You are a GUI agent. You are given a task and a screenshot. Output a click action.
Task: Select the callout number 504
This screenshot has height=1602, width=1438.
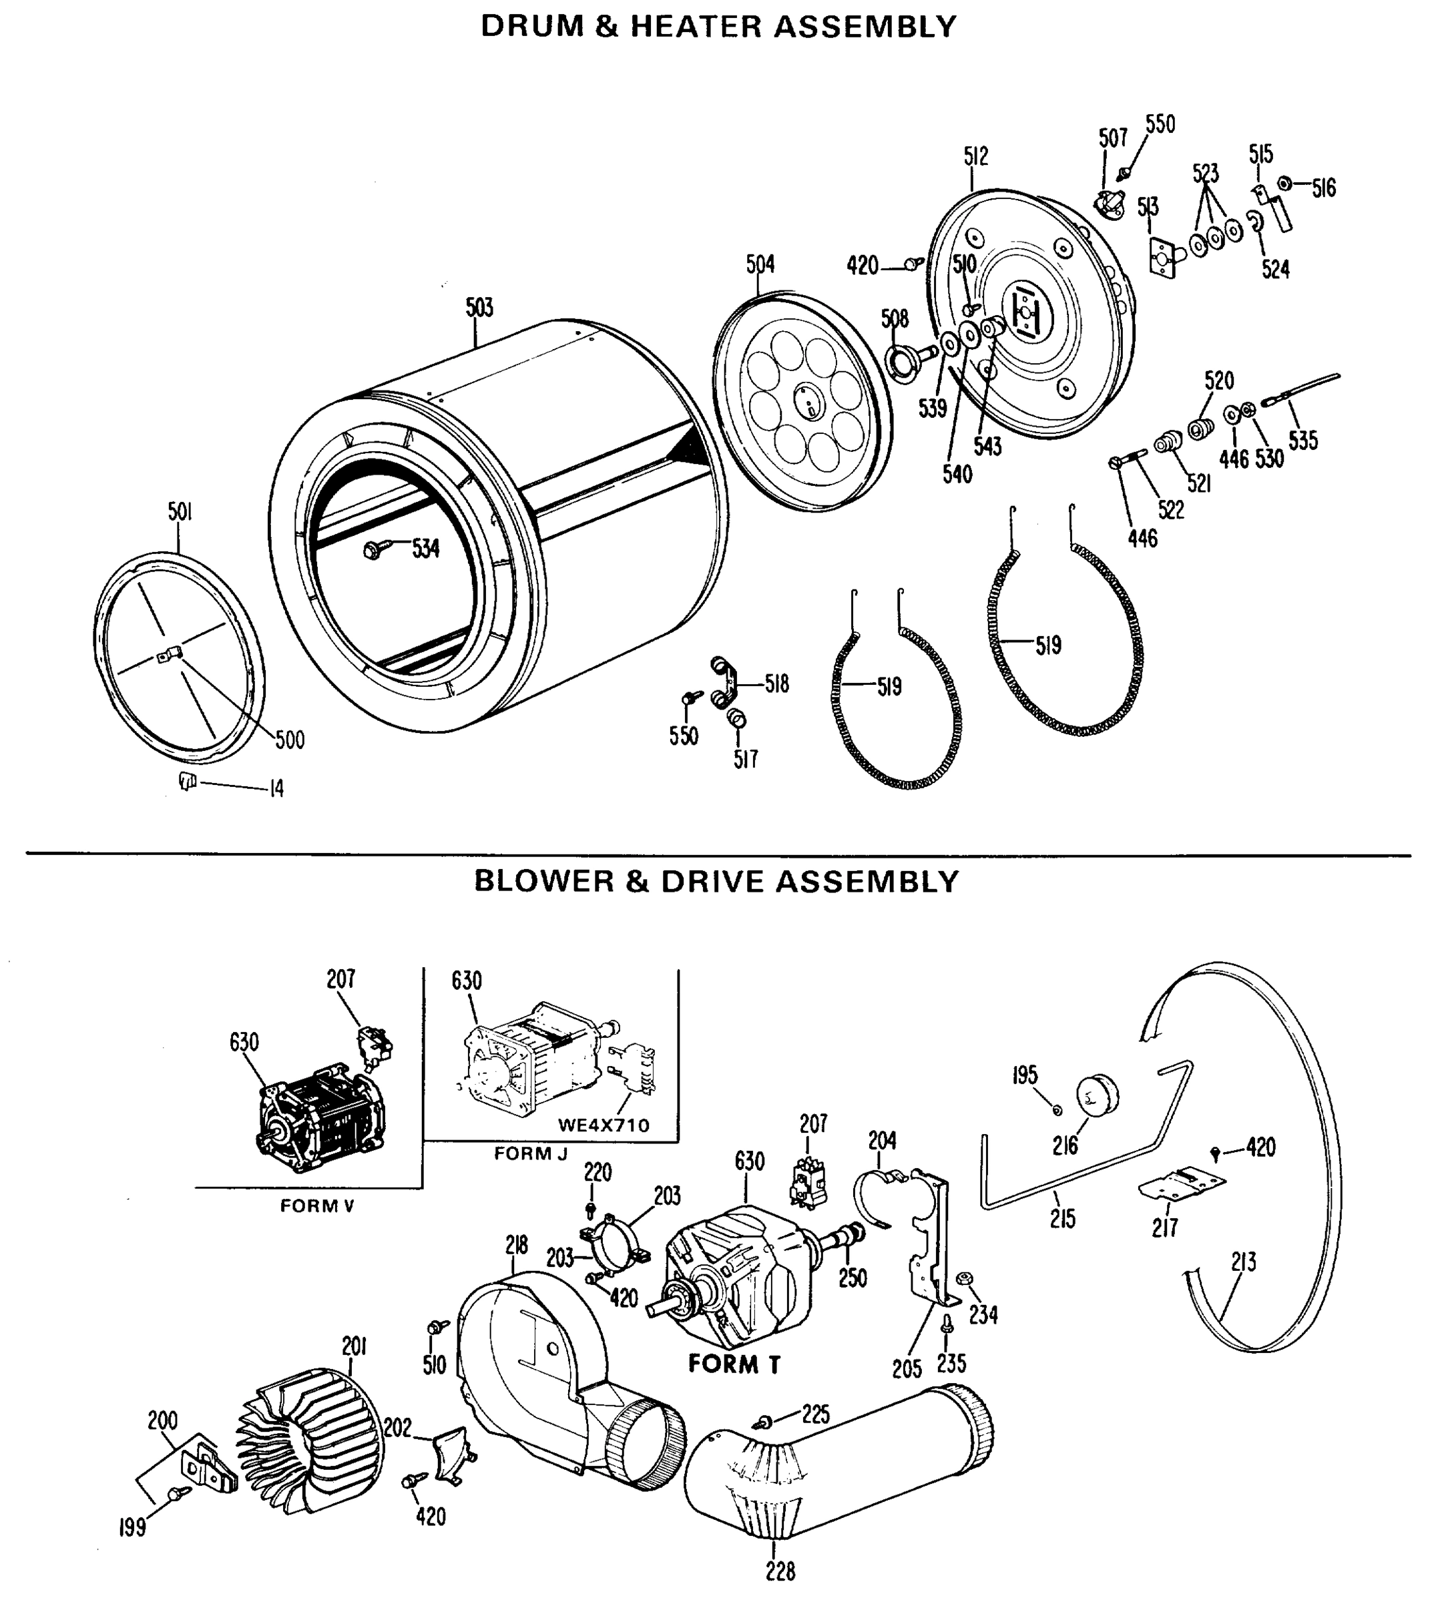point(760,264)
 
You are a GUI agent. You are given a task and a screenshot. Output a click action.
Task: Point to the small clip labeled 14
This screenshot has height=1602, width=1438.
point(186,781)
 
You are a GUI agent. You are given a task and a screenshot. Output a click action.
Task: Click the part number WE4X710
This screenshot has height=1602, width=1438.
point(603,1125)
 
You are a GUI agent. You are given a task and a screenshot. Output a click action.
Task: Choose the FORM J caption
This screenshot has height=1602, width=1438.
point(530,1153)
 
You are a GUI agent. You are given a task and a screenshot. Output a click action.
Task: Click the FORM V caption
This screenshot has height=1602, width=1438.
point(317,1206)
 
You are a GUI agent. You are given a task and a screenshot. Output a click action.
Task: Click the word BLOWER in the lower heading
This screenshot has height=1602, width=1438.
point(543,882)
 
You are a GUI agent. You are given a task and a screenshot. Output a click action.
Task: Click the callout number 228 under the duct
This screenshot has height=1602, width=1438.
point(780,1572)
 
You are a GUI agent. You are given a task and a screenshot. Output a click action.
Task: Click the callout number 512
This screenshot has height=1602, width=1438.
point(976,156)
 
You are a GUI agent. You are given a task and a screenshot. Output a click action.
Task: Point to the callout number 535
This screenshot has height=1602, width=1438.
point(1303,440)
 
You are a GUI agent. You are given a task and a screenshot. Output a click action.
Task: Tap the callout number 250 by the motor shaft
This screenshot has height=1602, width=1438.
point(853,1278)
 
